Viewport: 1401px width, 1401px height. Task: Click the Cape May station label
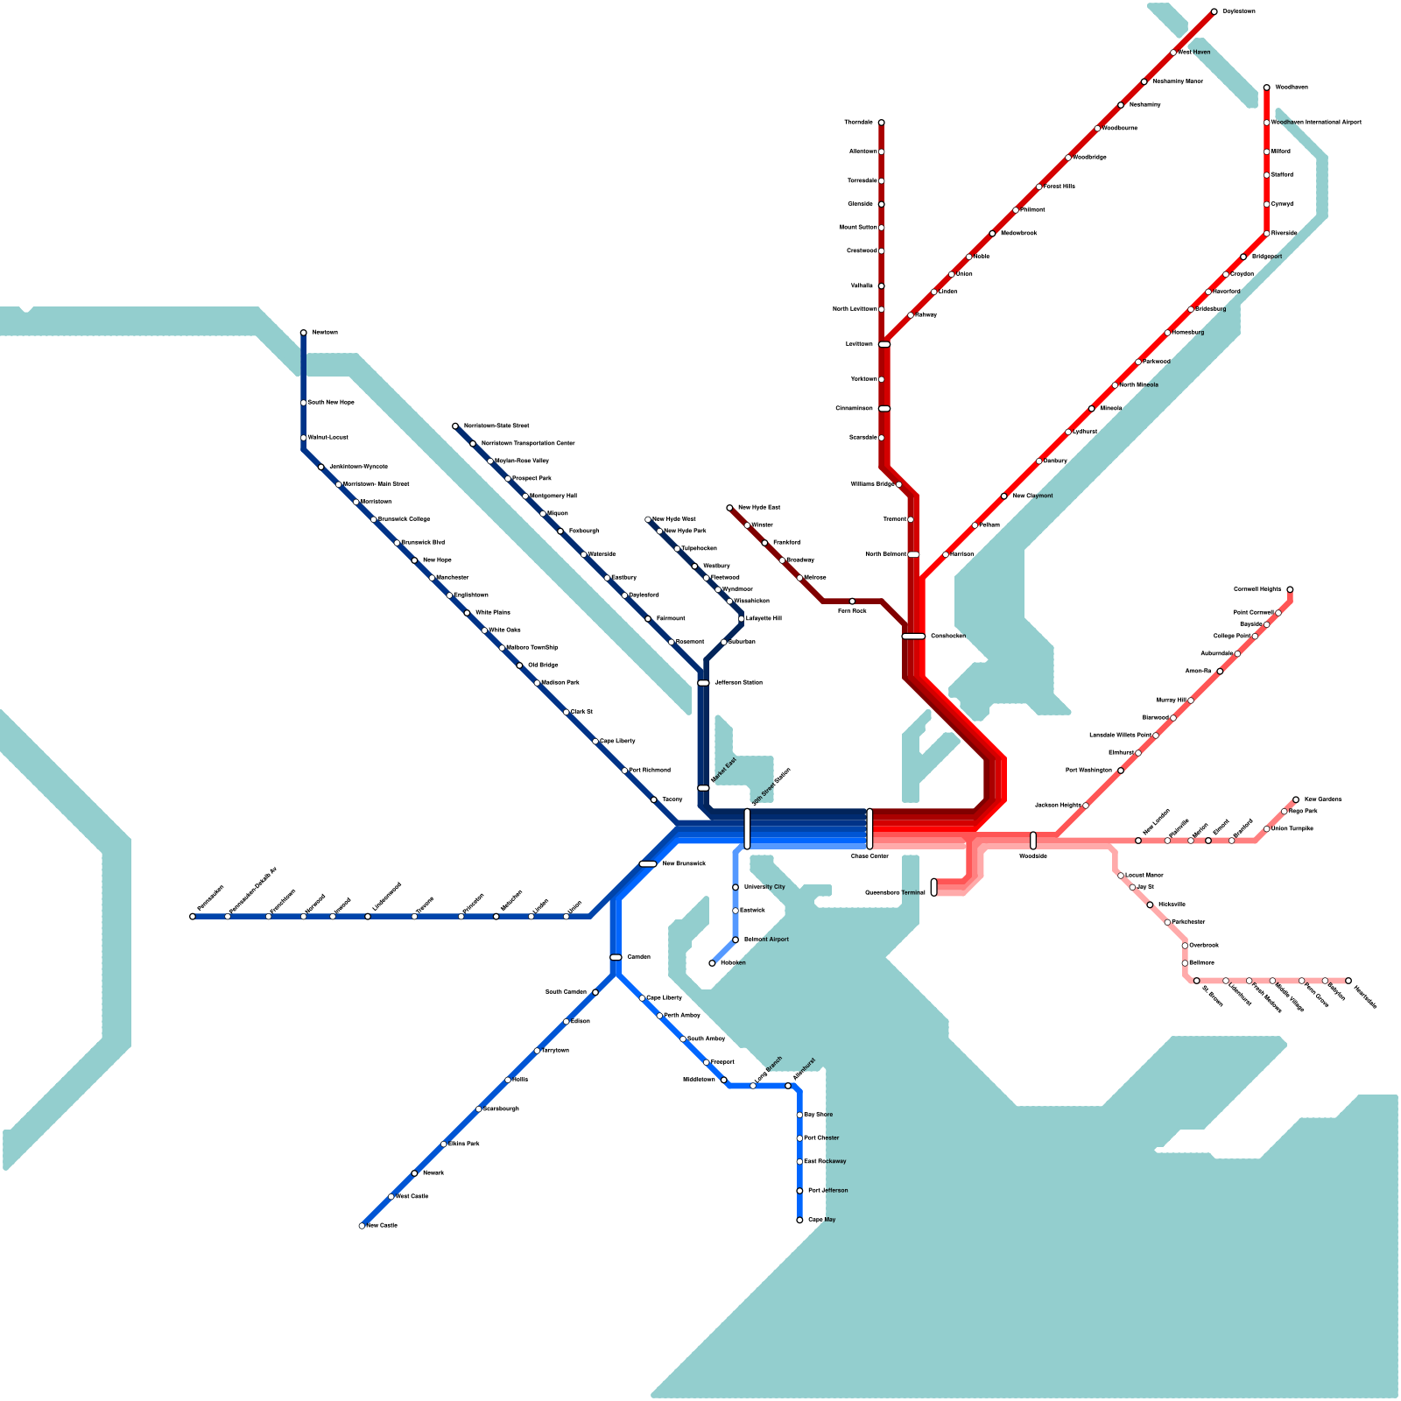click(821, 1220)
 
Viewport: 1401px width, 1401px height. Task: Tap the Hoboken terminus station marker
click(712, 963)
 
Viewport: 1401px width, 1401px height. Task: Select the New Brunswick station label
click(684, 864)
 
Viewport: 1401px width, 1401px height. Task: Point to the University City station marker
click(736, 887)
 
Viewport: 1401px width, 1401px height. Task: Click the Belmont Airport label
click(766, 940)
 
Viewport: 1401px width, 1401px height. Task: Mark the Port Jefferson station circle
click(799, 1191)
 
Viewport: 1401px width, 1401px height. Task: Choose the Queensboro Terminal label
click(895, 893)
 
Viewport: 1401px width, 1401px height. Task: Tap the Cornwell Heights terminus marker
click(1290, 589)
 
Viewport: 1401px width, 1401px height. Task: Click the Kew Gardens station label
click(1323, 799)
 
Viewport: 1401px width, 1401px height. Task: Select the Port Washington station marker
click(1121, 771)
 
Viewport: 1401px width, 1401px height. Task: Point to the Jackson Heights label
click(1058, 805)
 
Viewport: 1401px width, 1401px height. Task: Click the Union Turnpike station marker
click(1267, 828)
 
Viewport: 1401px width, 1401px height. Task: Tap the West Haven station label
click(1194, 53)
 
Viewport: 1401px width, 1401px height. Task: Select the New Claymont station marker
click(1004, 496)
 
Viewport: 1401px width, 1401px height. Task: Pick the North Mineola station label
click(1139, 385)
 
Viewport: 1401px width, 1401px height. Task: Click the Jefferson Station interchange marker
click(703, 683)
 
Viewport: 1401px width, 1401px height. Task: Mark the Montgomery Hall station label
click(553, 496)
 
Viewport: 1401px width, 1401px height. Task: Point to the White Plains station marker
click(468, 613)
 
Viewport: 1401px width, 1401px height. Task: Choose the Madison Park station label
click(560, 683)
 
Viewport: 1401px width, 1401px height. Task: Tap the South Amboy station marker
click(683, 1039)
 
